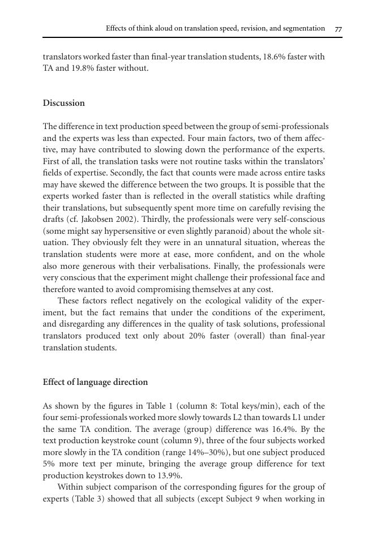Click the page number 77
tap(338, 28)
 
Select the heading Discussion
tap(64, 103)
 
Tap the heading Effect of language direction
tap(95, 382)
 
